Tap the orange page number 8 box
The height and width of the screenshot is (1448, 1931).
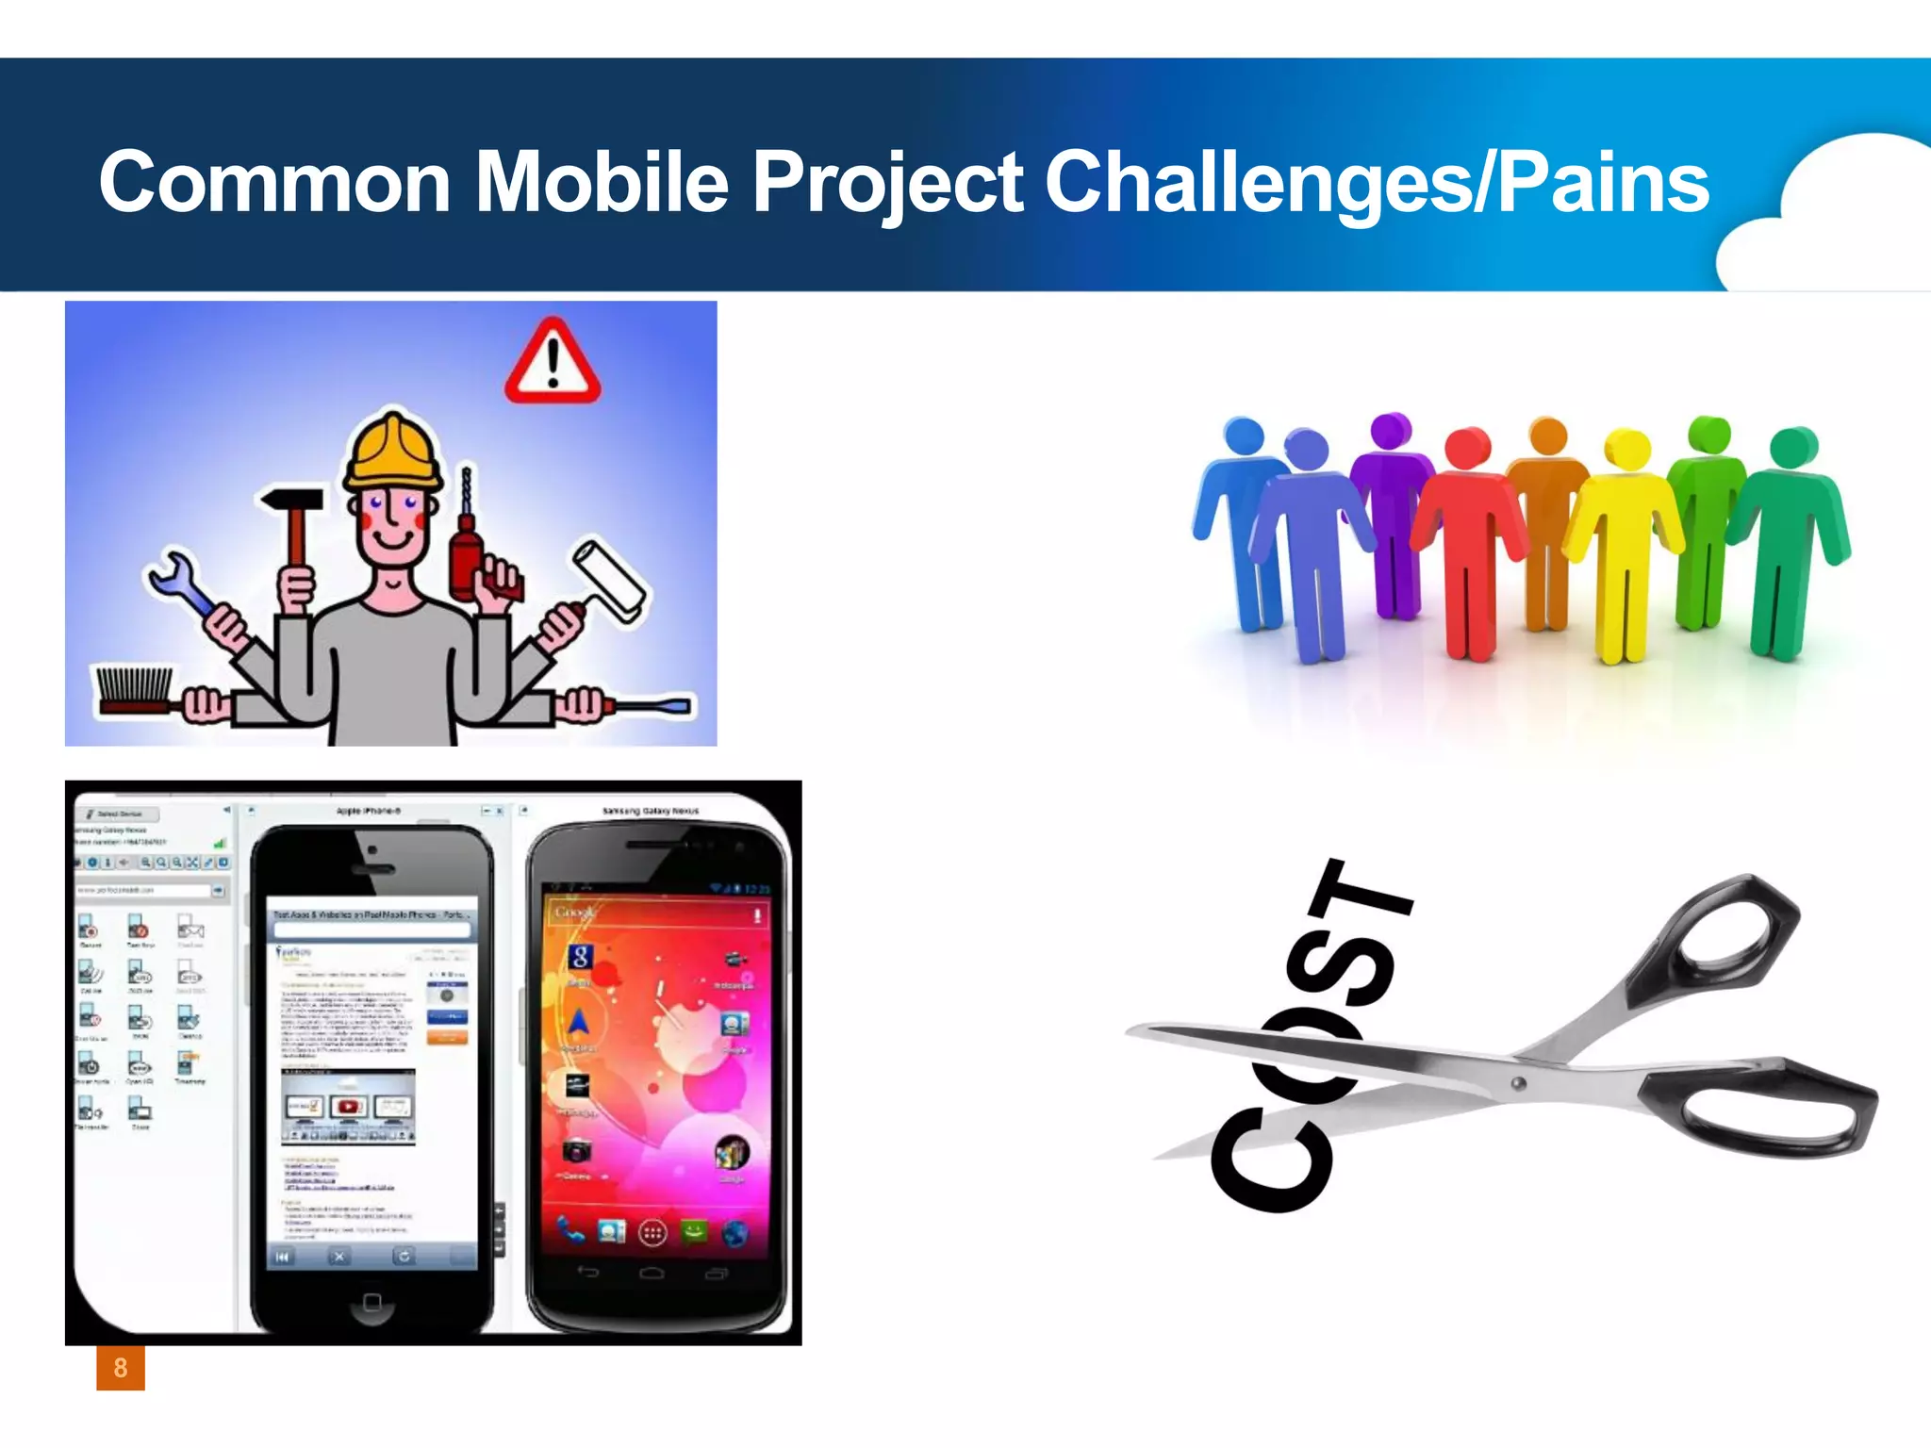point(121,1368)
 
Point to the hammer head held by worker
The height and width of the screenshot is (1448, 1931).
point(290,501)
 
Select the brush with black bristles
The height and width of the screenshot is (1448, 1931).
point(134,690)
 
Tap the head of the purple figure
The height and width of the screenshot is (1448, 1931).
point(1390,431)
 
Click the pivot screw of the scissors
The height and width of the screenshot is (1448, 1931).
point(1518,1083)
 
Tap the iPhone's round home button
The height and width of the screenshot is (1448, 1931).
point(371,1302)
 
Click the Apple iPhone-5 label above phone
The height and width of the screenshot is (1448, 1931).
point(369,811)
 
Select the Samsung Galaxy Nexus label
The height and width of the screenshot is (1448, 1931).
point(651,811)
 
